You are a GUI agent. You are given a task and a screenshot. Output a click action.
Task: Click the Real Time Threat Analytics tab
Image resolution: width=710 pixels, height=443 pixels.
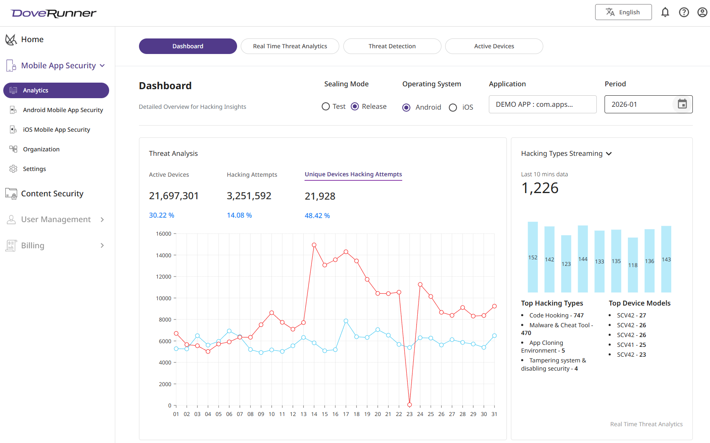tap(290, 46)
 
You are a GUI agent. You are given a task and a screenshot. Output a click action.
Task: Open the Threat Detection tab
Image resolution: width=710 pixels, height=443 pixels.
tap(392, 46)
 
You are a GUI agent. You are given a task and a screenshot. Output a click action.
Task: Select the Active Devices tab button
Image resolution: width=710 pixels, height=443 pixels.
tap(494, 46)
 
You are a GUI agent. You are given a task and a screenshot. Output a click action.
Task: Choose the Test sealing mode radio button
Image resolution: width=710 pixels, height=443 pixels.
tap(326, 106)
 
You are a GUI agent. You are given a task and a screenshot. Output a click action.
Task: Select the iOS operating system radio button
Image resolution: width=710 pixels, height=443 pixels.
tap(453, 108)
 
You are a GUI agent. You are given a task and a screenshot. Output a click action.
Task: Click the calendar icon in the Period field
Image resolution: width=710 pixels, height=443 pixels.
tap(682, 104)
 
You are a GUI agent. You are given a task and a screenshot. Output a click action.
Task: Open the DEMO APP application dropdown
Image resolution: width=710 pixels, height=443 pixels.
tap(542, 104)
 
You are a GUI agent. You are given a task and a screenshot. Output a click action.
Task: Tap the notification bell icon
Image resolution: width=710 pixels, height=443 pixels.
tap(665, 12)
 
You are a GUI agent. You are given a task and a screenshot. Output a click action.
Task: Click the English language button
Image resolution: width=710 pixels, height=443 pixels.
tap(623, 12)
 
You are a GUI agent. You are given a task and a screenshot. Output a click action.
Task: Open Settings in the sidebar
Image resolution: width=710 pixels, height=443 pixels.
tap(34, 169)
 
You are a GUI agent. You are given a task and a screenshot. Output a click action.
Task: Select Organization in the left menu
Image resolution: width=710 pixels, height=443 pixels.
tap(41, 149)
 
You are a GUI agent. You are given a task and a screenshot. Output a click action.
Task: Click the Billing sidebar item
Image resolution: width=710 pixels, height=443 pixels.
tap(33, 245)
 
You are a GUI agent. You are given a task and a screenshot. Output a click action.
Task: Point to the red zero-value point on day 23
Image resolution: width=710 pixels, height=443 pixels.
tap(410, 405)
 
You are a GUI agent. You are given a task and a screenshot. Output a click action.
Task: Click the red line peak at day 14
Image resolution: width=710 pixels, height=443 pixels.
tap(314, 245)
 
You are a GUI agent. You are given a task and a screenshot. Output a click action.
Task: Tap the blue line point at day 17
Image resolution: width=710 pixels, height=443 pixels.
tap(346, 321)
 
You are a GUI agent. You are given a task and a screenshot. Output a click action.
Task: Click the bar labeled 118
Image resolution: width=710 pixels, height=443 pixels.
tap(633, 265)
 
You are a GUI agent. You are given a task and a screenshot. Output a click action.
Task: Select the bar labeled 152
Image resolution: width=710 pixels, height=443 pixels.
tap(533, 257)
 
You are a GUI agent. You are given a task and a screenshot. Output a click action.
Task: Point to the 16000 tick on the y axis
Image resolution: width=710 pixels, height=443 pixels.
tap(164, 234)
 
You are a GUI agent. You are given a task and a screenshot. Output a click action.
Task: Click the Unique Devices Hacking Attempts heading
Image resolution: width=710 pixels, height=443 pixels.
tap(353, 174)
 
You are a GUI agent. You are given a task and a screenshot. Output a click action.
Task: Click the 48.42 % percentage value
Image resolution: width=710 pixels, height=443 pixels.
tap(317, 216)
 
